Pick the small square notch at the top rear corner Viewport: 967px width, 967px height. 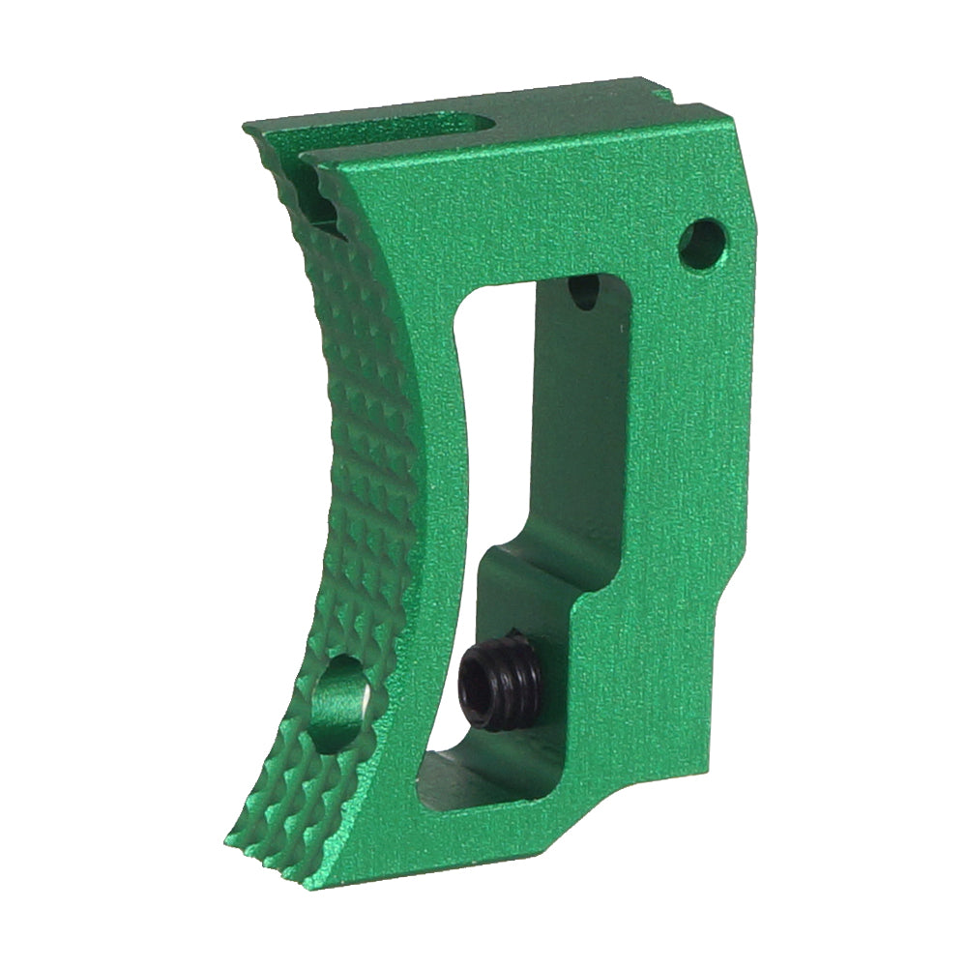661,94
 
